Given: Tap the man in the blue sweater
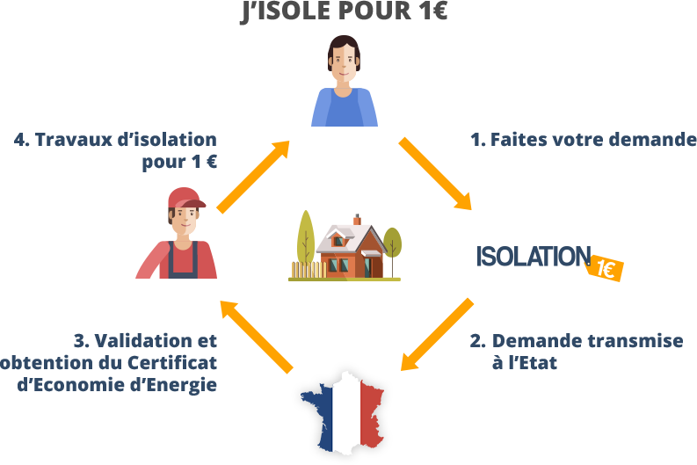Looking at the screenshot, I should (x=345, y=84).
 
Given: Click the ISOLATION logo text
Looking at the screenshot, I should (x=532, y=257).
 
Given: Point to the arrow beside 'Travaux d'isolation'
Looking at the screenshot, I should (x=254, y=174).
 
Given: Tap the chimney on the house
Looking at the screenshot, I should (x=357, y=219).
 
